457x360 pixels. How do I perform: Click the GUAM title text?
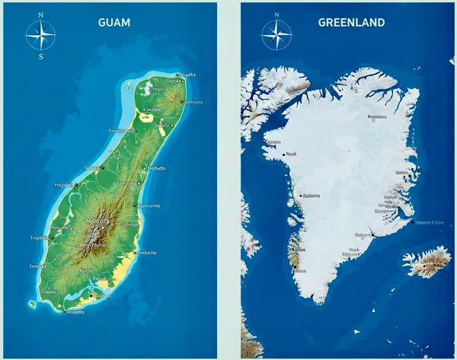tap(113, 22)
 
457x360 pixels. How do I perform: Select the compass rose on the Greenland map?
tap(276, 34)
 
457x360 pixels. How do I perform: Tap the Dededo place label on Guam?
tap(155, 167)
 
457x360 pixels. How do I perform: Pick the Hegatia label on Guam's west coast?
tap(64, 183)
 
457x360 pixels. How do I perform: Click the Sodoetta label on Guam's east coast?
tap(146, 253)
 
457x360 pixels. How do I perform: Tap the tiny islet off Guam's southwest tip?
tap(32, 304)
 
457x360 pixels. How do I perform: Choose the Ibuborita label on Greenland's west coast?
tap(311, 196)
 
